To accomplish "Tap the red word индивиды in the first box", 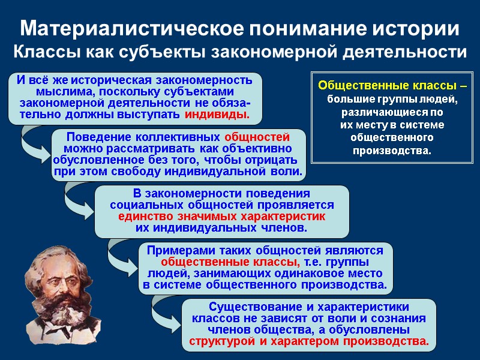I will (217, 115).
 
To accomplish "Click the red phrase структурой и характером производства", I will (309, 342).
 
